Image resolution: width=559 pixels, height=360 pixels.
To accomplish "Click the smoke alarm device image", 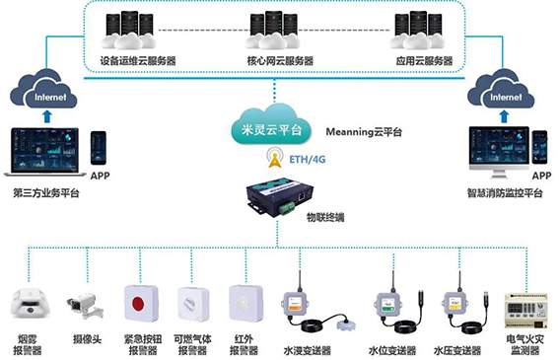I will tap(30, 303).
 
